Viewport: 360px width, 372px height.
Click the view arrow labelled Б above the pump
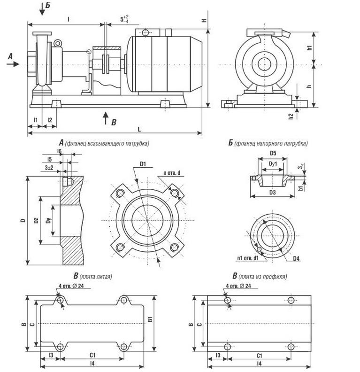coord(42,9)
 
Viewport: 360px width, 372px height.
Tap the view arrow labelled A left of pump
coord(13,64)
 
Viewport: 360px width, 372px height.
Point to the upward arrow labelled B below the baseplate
coord(106,118)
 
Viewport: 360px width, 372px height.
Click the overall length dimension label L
coord(139,129)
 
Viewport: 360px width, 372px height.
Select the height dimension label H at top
coord(204,21)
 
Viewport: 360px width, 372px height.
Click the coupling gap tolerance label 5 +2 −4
coord(124,19)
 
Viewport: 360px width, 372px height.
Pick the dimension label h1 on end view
coord(309,47)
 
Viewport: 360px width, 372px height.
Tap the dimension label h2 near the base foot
coord(291,116)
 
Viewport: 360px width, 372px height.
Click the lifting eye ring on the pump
coord(57,43)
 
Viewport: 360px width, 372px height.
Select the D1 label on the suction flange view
coord(143,164)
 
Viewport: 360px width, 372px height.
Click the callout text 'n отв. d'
coord(172,173)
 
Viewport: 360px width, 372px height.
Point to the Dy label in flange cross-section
coord(49,220)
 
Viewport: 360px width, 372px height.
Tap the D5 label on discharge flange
coord(273,153)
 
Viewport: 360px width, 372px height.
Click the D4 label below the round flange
coord(296,258)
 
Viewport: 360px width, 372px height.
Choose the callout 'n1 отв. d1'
coord(248,258)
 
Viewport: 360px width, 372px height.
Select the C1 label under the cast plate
coord(92,355)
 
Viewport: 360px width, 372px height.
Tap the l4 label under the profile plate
coord(259,363)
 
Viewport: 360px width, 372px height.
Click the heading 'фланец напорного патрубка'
coord(271,143)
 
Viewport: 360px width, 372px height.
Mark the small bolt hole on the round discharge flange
coord(259,249)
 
